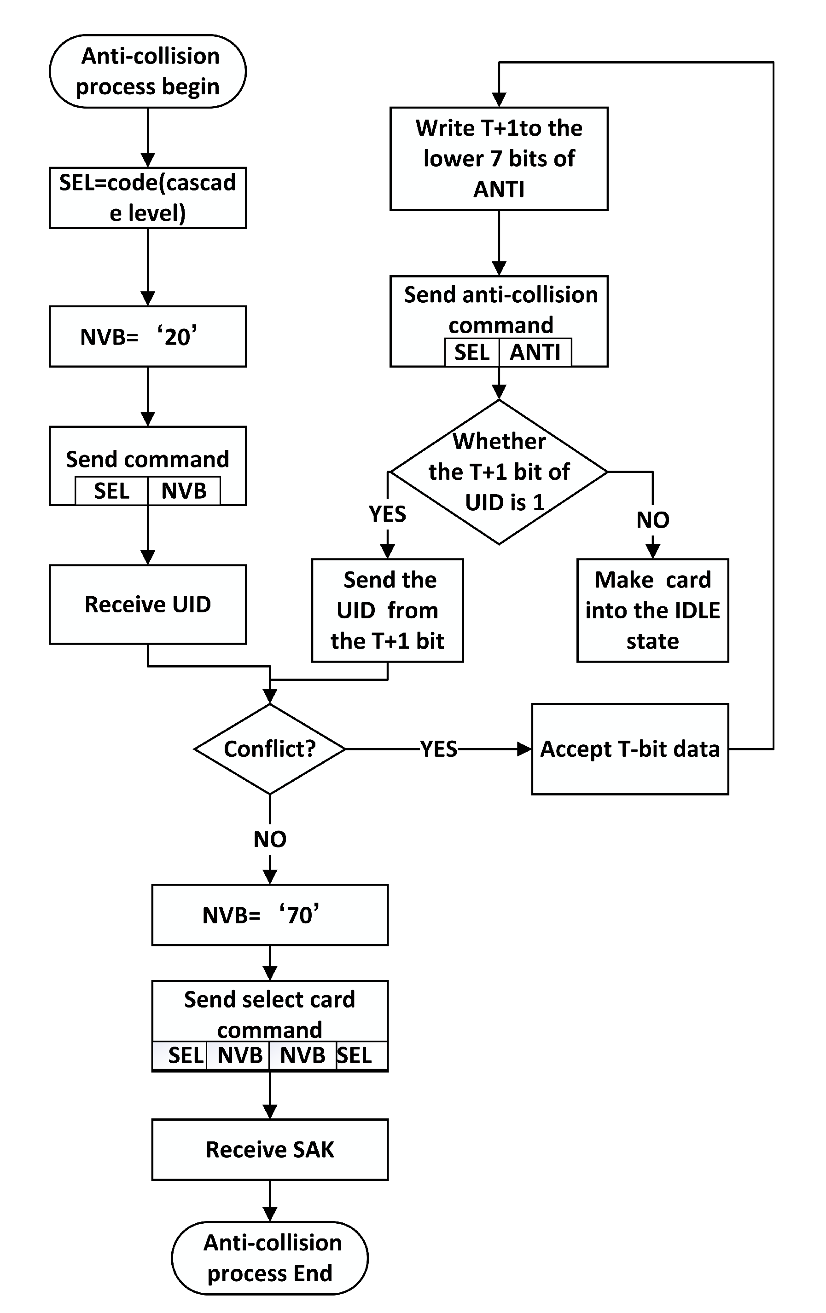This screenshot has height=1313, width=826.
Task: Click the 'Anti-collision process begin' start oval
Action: (x=147, y=71)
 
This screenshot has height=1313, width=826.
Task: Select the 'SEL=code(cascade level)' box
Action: (x=147, y=197)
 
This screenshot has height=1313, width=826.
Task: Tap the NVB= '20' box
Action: (x=147, y=336)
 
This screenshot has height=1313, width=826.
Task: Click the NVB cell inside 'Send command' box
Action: (x=184, y=491)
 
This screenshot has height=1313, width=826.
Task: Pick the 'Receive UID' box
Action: (x=147, y=604)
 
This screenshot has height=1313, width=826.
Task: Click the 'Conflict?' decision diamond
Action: (x=269, y=749)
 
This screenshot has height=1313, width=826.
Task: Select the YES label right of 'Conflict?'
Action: (x=439, y=749)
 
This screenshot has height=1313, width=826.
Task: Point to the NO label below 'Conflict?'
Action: (x=269, y=839)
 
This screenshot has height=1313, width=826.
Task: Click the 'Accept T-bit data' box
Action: (x=629, y=749)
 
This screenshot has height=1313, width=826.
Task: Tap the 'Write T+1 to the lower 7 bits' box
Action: (x=499, y=158)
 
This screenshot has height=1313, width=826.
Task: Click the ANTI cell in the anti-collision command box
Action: (x=535, y=352)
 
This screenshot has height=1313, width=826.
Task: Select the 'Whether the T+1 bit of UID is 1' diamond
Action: (x=499, y=472)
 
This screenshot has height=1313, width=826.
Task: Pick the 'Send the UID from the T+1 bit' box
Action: (x=387, y=610)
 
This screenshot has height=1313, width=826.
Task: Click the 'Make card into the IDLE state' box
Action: (x=652, y=610)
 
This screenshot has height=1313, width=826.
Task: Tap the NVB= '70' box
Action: (x=269, y=915)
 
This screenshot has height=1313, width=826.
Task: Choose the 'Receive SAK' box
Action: (x=269, y=1149)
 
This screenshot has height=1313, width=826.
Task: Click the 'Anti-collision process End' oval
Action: (x=269, y=1257)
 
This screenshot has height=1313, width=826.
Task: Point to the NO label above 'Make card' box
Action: (x=652, y=520)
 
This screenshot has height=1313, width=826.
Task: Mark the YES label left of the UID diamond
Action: (x=387, y=513)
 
